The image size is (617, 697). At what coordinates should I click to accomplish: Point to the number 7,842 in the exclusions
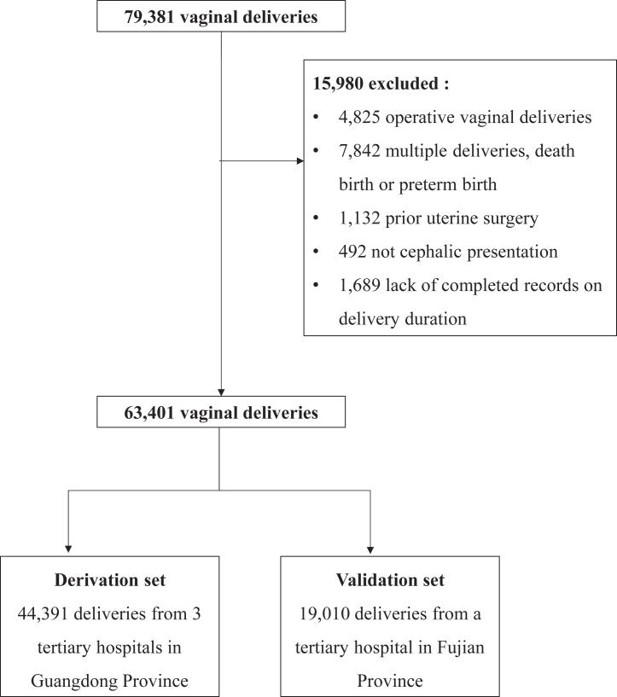coord(359,151)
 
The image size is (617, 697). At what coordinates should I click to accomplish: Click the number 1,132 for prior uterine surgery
coord(359,218)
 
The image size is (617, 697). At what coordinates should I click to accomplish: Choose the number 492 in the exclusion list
coord(352,252)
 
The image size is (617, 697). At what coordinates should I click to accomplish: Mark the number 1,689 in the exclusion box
coord(359,284)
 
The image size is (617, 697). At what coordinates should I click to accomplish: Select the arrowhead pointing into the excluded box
coord(299,160)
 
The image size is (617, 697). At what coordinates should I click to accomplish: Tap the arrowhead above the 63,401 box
coord(221,393)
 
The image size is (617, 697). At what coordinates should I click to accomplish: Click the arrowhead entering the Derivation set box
coord(67,549)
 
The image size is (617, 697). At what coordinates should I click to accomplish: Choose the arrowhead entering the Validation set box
coord(372,549)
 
